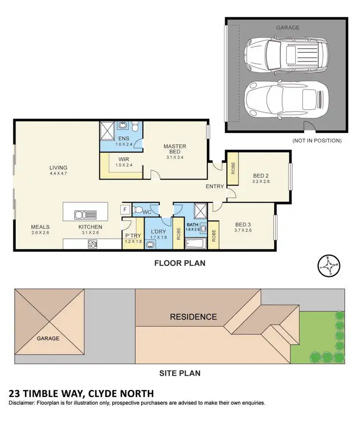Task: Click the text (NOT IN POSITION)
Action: click(x=316, y=141)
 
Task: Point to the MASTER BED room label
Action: click(x=175, y=149)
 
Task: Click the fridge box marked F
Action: click(x=125, y=210)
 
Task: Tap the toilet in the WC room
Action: click(x=138, y=210)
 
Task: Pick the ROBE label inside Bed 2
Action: click(x=233, y=168)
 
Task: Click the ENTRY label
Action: click(x=215, y=187)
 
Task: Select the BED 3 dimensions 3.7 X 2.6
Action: click(x=244, y=230)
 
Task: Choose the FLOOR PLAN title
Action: click(x=180, y=263)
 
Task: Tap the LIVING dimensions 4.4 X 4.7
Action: click(x=58, y=174)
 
